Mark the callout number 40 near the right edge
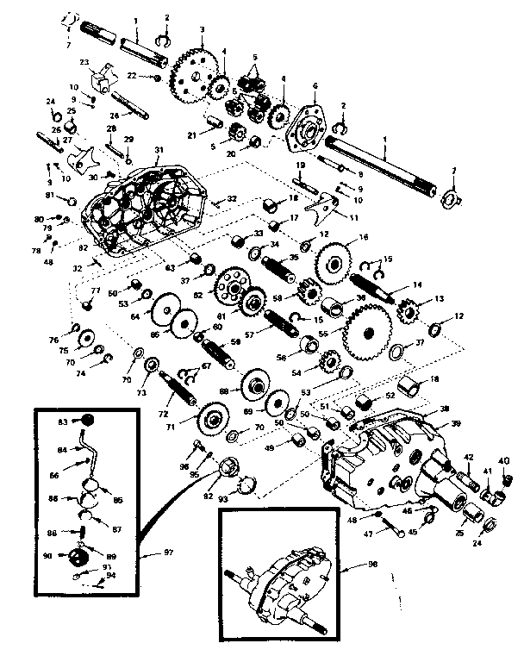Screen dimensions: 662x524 pos(503,460)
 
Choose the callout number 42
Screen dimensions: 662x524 pos(471,458)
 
